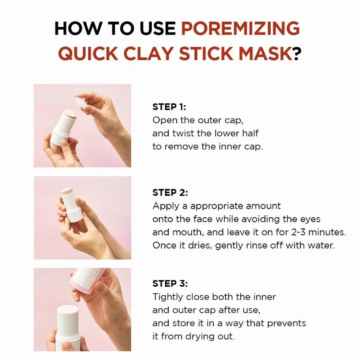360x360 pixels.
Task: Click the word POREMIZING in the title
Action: [240, 28]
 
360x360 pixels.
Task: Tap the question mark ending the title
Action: [297, 53]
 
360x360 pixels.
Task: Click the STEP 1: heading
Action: [169, 107]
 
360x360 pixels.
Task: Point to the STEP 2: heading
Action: [170, 193]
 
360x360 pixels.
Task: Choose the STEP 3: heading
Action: [170, 284]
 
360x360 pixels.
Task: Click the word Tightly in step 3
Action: [168, 297]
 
